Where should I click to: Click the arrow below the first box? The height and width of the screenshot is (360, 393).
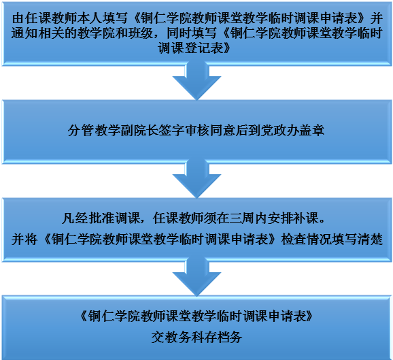[196, 81]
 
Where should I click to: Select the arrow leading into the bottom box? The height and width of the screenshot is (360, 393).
[196, 277]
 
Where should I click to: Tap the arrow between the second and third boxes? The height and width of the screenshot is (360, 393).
[196, 179]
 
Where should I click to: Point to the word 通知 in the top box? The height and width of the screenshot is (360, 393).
[24, 33]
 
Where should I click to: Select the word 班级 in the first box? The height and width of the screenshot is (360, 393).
[140, 33]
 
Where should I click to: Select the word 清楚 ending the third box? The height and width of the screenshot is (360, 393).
[370, 239]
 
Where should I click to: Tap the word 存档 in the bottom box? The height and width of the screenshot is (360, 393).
[216, 337]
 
